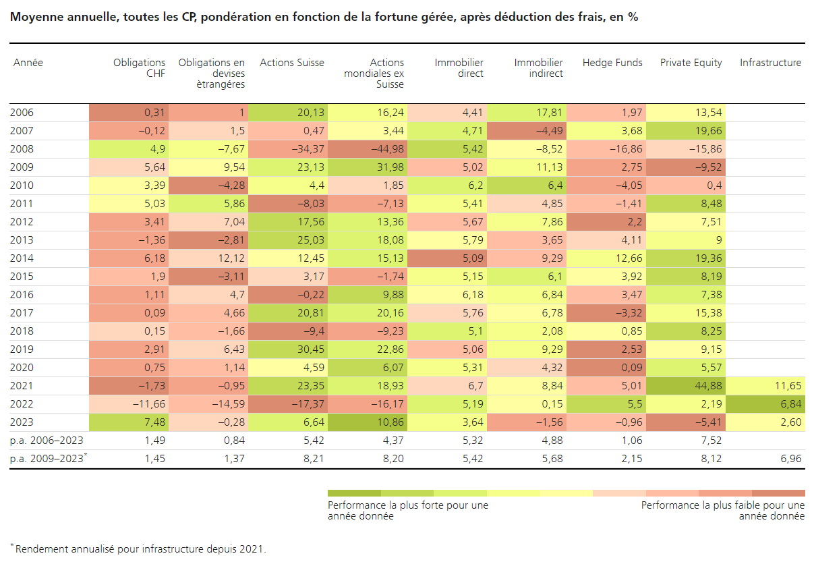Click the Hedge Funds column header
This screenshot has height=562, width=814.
[612, 63]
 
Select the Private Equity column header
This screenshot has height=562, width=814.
[691, 63]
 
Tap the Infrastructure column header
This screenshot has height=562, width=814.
[770, 63]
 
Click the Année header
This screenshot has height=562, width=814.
[28, 63]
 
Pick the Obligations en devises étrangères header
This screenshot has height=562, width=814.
[211, 74]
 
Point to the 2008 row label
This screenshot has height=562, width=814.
[22, 149]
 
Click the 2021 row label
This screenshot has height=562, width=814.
[22, 386]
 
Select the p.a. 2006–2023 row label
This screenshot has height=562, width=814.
[45, 441]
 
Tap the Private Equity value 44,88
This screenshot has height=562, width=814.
[708, 386]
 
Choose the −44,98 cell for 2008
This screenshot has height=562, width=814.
[388, 149]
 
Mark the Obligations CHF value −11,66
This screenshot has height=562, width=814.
[150, 404]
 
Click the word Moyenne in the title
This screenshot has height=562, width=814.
[34, 18]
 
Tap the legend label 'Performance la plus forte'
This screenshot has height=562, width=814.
[407, 505]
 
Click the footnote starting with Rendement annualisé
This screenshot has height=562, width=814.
[140, 549]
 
